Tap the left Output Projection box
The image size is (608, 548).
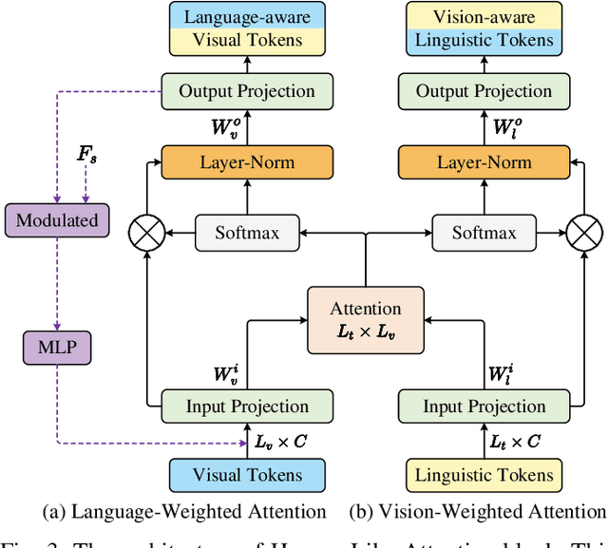247,92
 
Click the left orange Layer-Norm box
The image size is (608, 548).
247,162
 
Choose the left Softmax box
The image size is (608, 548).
247,232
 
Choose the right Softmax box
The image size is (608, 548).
484,232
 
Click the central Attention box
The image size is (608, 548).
366,318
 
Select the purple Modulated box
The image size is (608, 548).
57,220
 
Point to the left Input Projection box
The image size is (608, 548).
247,406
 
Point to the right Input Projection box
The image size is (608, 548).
484,406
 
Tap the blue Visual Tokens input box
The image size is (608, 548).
247,474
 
